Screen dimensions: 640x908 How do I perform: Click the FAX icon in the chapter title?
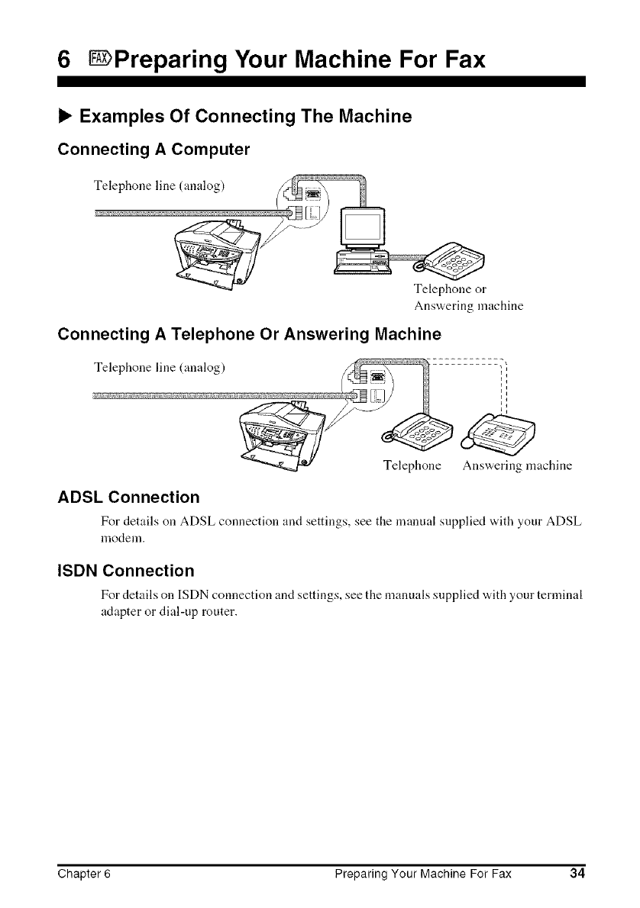point(100,58)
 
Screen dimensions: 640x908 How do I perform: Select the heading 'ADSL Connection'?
point(128,498)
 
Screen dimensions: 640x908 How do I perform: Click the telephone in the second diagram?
point(422,435)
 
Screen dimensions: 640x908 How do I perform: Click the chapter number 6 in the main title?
point(66,58)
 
